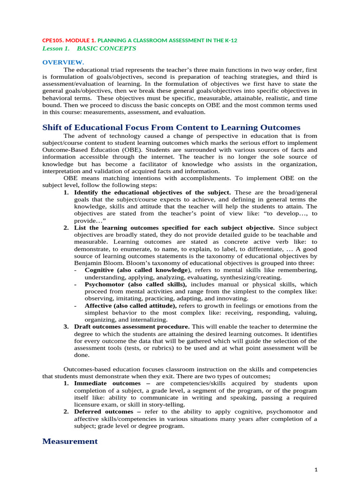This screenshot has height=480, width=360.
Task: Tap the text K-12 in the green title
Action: tap(231, 40)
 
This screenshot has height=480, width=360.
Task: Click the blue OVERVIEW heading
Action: tap(57, 62)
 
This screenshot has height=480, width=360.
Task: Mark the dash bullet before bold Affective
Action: tap(76, 305)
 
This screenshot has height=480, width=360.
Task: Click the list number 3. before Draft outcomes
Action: tap(67, 326)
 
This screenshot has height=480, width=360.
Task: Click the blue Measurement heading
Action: tap(70, 441)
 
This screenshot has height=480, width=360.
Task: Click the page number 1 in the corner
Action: tap(316, 470)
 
